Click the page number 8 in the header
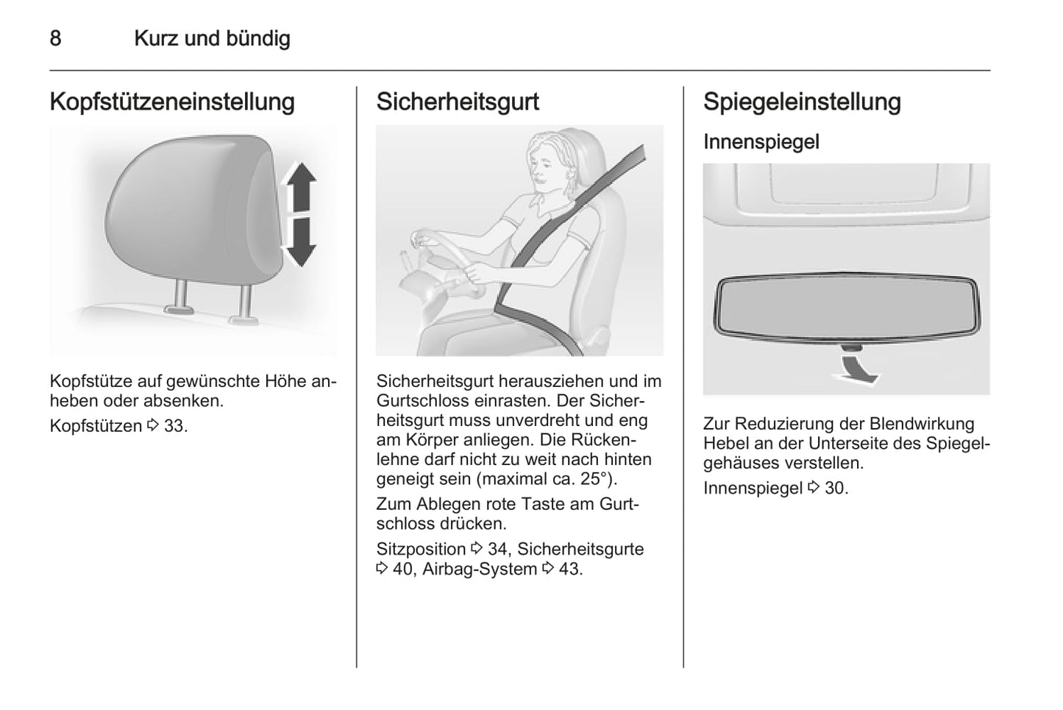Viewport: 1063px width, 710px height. point(55,38)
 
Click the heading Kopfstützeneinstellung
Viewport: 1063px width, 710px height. point(172,102)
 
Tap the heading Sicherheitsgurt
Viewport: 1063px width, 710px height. point(458,102)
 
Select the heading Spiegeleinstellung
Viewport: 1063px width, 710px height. point(802,102)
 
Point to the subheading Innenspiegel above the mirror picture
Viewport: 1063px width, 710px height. point(761,142)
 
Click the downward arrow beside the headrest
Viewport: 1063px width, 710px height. point(300,242)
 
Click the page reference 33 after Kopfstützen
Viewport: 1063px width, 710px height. point(174,426)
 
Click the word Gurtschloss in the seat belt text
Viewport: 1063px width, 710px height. point(423,401)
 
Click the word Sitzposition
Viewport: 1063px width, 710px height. point(421,549)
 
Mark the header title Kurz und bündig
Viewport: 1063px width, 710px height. point(212,39)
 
